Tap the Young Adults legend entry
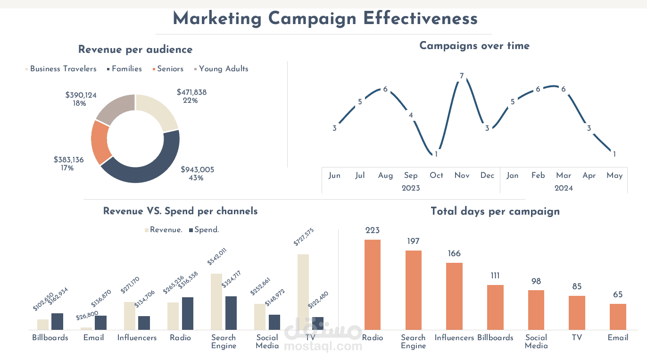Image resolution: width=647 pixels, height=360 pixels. point(223,69)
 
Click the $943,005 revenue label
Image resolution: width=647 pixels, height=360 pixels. point(197,170)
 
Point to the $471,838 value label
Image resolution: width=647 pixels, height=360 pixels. point(191,92)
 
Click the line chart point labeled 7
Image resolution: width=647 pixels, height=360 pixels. point(462,75)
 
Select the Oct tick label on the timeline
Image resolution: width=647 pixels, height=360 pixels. point(436,176)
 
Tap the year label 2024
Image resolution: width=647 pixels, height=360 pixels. point(564,188)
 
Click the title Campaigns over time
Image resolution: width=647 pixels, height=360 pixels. point(474,46)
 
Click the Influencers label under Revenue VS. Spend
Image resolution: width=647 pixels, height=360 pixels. point(137,338)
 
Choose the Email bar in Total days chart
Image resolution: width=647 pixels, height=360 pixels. point(618,317)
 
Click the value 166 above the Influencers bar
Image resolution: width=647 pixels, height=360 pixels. point(454,254)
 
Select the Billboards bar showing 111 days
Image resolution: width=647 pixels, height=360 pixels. point(495,307)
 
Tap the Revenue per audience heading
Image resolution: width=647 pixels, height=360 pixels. point(135,50)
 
